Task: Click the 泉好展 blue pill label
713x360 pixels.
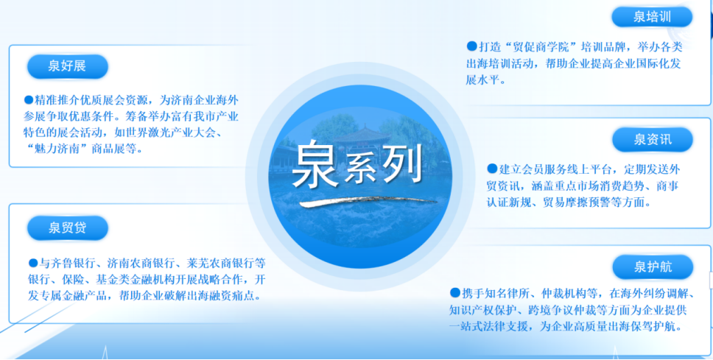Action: click(67, 66)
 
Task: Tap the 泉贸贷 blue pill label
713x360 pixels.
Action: click(67, 227)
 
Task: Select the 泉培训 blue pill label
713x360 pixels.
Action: click(652, 17)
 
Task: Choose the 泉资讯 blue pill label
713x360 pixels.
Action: click(653, 140)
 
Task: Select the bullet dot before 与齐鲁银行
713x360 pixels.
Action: click(32, 262)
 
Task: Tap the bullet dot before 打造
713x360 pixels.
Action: click(471, 46)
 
